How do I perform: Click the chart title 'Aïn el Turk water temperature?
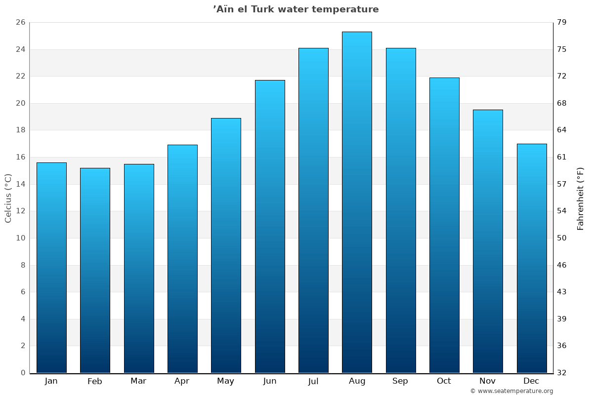tap(296, 9)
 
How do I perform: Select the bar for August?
tap(357, 202)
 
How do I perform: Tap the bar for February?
tap(95, 271)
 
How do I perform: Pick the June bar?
tap(270, 226)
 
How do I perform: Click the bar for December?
tap(532, 258)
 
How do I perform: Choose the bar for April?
tap(182, 259)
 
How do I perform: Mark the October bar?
tap(444, 225)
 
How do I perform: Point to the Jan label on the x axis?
tap(51, 381)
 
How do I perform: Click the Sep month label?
tap(400, 381)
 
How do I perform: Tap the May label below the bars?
tap(226, 381)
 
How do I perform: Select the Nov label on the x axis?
tap(488, 381)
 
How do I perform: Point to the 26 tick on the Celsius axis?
tap(20, 23)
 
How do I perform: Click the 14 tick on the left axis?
tap(20, 184)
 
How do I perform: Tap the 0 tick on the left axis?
tap(23, 373)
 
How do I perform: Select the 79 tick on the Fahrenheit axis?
tap(562, 23)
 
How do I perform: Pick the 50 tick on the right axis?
tap(562, 238)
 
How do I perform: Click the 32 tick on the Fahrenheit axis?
tap(562, 373)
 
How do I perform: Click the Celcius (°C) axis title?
tap(8, 198)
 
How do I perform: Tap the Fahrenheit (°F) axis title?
tap(581, 198)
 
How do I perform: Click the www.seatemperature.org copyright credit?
tap(511, 391)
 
